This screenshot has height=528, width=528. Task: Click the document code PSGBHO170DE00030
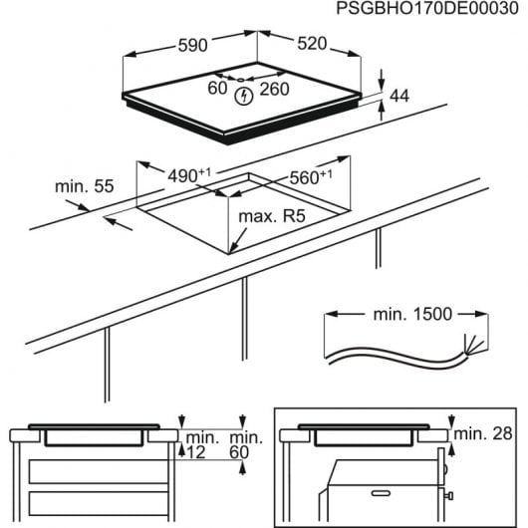[419, 10]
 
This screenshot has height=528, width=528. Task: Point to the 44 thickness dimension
[399, 97]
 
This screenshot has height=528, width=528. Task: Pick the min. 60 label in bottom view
[242, 445]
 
